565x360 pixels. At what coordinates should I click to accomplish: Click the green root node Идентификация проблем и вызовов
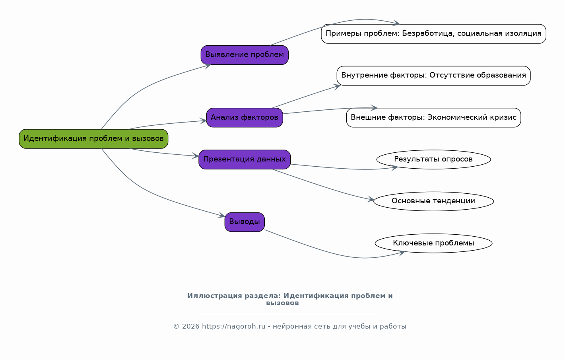pyautogui.click(x=93, y=139)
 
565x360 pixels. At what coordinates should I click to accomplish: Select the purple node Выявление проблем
pyautogui.click(x=245, y=55)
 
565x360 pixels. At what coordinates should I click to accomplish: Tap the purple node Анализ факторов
pyautogui.click(x=245, y=118)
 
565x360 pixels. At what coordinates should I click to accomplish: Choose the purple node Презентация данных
pyautogui.click(x=245, y=160)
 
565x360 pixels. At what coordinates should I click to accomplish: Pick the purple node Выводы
pyautogui.click(x=245, y=222)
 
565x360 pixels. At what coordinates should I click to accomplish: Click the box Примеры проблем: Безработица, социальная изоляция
pyautogui.click(x=433, y=34)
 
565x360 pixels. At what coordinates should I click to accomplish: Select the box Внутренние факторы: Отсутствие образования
pyautogui.click(x=433, y=76)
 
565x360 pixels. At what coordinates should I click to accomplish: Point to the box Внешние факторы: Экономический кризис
pyautogui.click(x=433, y=118)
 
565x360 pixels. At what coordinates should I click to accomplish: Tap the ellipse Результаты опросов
pyautogui.click(x=433, y=160)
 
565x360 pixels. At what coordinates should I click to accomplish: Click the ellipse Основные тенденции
pyautogui.click(x=433, y=201)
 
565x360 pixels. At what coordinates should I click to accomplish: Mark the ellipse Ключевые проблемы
pyautogui.click(x=433, y=243)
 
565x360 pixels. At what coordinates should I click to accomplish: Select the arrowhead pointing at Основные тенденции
pyautogui.click(x=371, y=200)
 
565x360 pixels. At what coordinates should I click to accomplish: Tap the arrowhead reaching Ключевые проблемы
pyautogui.click(x=402, y=253)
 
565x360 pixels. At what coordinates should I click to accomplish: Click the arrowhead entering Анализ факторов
pyautogui.click(x=204, y=121)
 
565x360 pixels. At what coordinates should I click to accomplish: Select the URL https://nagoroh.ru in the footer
pyautogui.click(x=233, y=327)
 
